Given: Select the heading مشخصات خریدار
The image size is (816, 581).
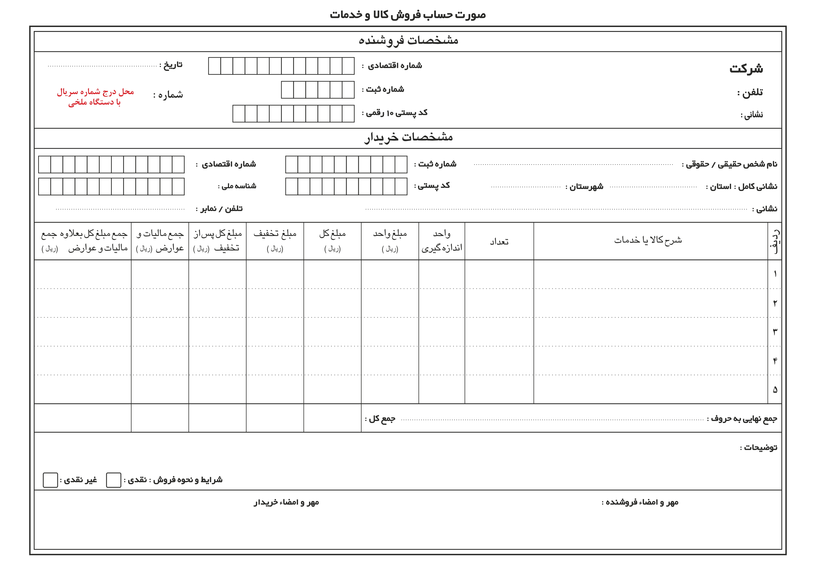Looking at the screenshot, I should [408, 138].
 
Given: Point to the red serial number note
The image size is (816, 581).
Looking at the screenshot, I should [95, 97].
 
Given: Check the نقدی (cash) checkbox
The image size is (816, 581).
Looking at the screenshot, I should [114, 480].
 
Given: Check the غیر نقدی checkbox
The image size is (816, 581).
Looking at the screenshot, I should [50, 480].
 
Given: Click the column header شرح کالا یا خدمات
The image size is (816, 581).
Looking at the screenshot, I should [648, 240].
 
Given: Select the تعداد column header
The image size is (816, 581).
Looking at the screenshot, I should [499, 242].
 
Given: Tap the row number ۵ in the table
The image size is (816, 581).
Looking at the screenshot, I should [775, 390].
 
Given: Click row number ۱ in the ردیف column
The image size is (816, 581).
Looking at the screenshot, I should [775, 274].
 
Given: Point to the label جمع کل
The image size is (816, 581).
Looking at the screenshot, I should [381, 419].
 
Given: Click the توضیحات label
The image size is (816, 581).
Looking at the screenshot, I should [759, 448].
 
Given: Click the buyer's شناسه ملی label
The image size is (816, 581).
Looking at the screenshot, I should [237, 186].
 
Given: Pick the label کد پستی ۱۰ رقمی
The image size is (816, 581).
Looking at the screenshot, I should [395, 113].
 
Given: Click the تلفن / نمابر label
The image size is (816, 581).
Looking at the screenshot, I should [220, 208].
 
